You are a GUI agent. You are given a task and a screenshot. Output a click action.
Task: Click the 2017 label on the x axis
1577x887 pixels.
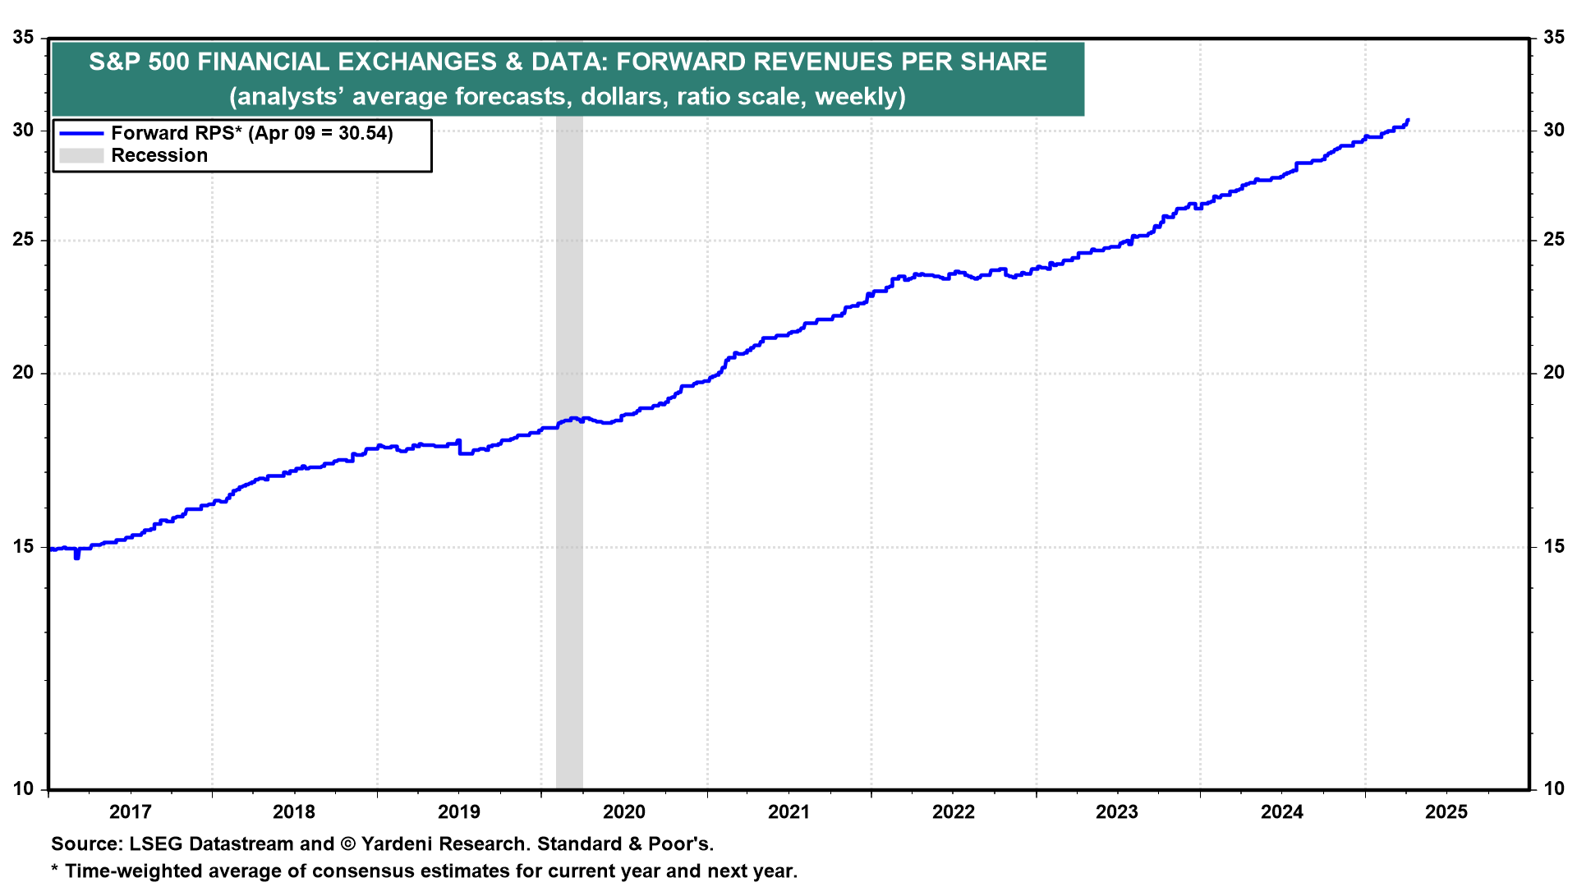point(130,812)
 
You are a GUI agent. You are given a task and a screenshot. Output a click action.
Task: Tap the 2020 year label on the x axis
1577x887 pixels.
point(624,812)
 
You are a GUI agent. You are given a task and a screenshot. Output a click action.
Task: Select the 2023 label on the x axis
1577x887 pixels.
point(1117,812)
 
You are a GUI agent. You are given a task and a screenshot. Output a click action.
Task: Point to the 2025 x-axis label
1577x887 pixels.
point(1446,812)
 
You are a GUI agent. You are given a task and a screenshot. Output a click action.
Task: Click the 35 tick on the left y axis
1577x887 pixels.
point(23,38)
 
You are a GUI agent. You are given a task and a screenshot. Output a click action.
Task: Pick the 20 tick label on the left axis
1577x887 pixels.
point(23,373)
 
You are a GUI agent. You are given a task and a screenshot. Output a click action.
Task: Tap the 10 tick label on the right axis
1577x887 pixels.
point(1554,788)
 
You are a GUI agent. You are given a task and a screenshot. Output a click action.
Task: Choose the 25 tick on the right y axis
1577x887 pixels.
point(1554,240)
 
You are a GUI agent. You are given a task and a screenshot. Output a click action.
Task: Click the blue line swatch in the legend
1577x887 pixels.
point(81,133)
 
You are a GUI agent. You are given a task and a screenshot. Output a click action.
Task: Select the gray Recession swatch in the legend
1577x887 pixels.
point(81,155)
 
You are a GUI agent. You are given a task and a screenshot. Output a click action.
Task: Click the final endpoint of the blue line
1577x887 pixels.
point(1408,121)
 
